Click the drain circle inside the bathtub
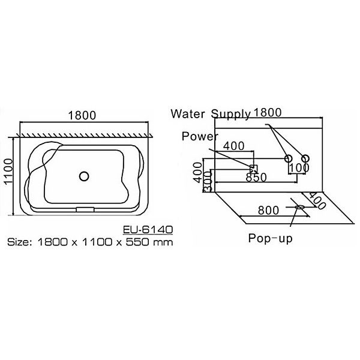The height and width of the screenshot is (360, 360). pos(85,176)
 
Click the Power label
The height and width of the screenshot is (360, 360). pos(200,136)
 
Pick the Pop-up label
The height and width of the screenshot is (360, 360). pos(269,237)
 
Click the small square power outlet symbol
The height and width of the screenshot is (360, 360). pos(253,168)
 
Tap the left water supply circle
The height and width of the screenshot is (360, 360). pos(288,158)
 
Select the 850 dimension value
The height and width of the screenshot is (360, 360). pos(256,178)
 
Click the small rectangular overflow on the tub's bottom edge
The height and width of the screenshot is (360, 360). pos(85,209)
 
